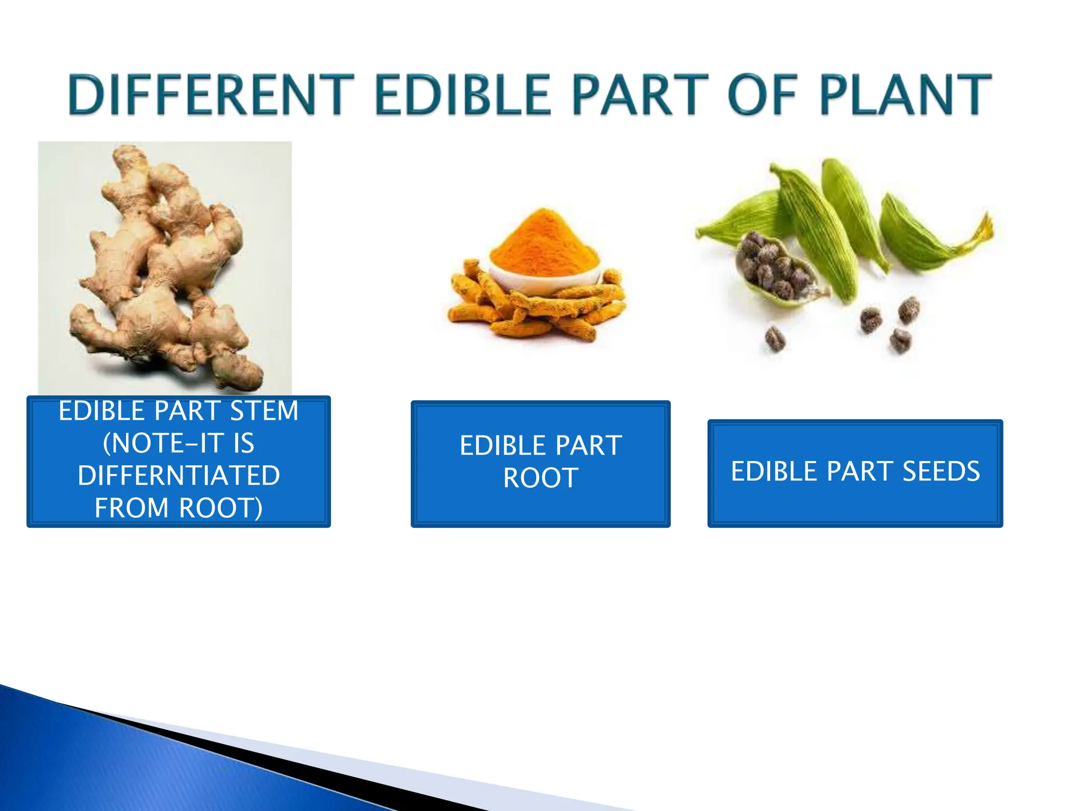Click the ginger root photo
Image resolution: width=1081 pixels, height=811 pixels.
pos(165,267)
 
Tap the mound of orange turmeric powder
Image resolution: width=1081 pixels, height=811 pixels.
pos(544,243)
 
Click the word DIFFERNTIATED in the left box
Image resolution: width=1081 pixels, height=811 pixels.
pos(179,475)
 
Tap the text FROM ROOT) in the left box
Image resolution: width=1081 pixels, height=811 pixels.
pos(179,508)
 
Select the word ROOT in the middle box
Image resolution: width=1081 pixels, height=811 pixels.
pos(540,478)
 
